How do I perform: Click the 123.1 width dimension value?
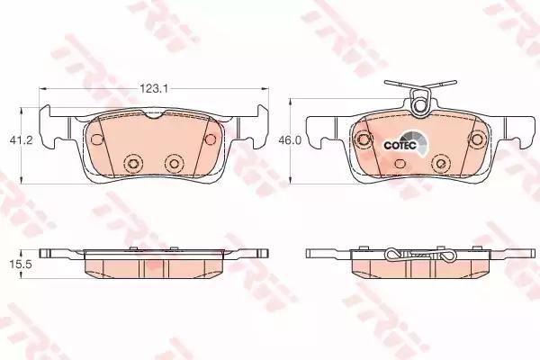153,89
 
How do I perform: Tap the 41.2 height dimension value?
21,140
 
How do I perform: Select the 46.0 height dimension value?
290,140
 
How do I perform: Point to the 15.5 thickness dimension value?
21,265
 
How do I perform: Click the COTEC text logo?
400,145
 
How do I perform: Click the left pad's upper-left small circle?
97,139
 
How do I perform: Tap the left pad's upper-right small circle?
210,139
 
